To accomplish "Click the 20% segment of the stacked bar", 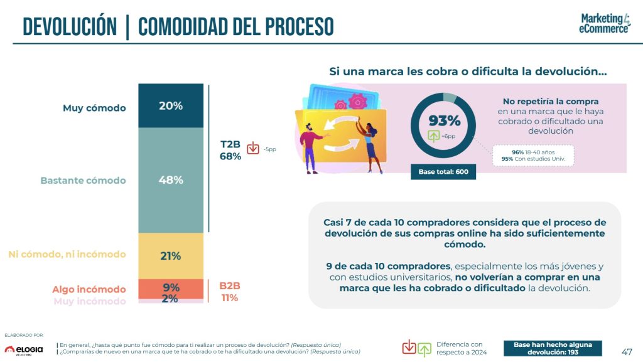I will click(x=170, y=106).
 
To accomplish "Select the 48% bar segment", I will click(x=170, y=180).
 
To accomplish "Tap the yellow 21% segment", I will click(x=170, y=256).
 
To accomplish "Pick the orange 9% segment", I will click(x=170, y=288).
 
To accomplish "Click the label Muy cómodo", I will click(x=94, y=108).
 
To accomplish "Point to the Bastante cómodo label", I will click(x=83, y=181).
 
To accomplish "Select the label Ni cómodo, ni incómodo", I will click(x=67, y=254).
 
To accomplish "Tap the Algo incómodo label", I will click(x=89, y=289).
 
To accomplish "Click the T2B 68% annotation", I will click(x=230, y=151).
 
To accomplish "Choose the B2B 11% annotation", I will click(x=230, y=292).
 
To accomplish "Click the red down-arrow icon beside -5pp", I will click(x=253, y=149).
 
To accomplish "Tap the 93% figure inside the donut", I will click(x=445, y=120).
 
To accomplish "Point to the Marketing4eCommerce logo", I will click(x=604, y=23).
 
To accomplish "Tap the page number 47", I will click(x=626, y=351).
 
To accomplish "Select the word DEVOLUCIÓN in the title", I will click(x=70, y=27).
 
